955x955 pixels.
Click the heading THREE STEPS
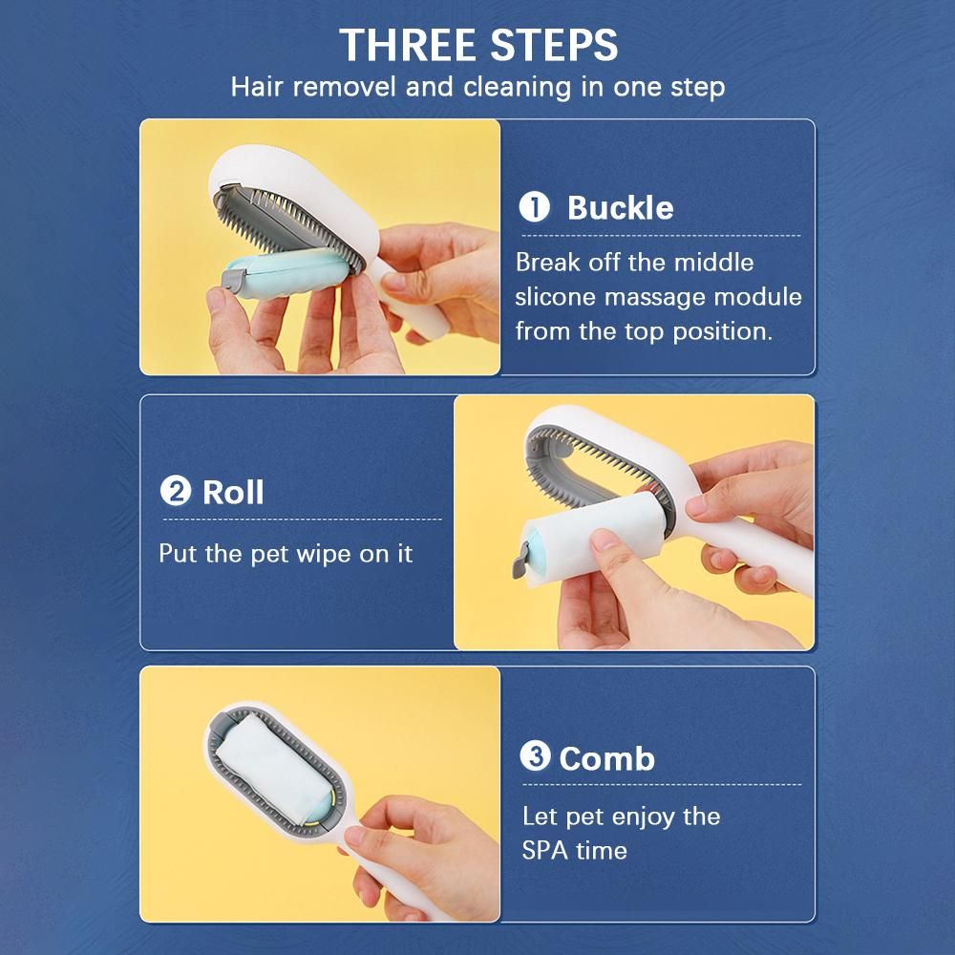tap(478, 45)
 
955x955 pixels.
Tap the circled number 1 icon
tap(534, 207)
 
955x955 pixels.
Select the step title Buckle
tap(620, 207)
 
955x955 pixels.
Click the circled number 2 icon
tap(176, 491)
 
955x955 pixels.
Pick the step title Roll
tap(233, 492)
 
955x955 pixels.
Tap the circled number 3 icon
tap(535, 756)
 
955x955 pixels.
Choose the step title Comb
tap(606, 759)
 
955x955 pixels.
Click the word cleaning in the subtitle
tap(517, 87)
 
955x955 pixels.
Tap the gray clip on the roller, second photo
tap(520, 562)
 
